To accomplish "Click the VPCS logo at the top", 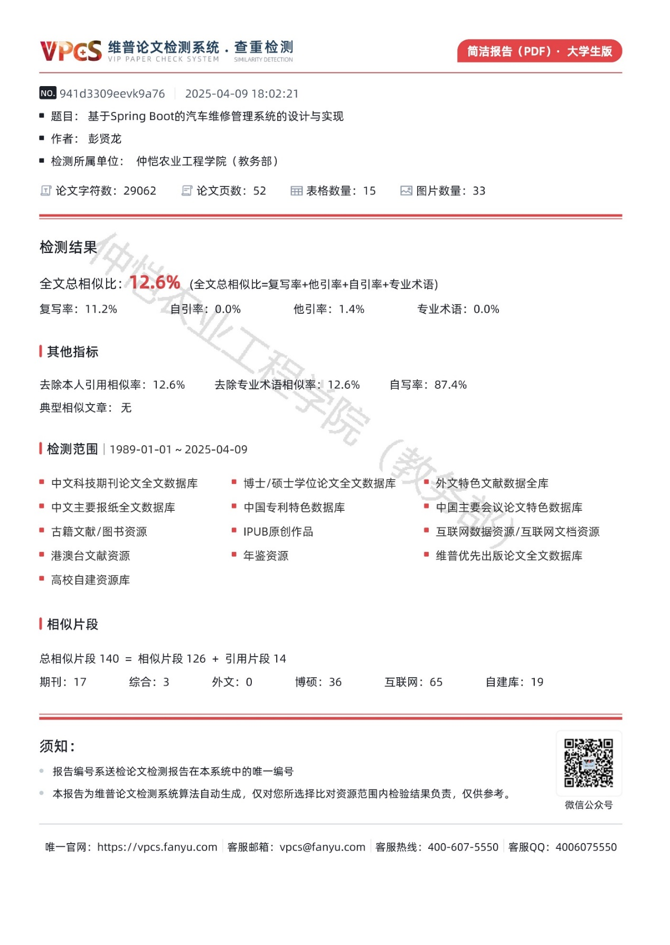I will click(71, 51).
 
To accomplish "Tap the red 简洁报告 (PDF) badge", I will click(539, 51).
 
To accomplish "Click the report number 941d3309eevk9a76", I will click(112, 94).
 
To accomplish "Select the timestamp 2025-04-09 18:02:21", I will click(242, 94).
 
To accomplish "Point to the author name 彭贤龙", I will click(105, 139).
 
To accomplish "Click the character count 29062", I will click(140, 191).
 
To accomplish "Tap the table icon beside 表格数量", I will click(296, 191).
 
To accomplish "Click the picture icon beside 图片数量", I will click(406, 191).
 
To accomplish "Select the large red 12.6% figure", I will click(155, 283).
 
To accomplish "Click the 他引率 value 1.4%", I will click(352, 310).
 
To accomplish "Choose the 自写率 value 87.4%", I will click(450, 385).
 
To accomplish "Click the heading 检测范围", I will click(72, 450).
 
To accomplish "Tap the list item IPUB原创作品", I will click(278, 532).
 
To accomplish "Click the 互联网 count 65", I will click(436, 682).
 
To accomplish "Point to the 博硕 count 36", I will click(335, 682).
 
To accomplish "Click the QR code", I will click(589, 763).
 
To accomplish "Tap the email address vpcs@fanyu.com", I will click(323, 847).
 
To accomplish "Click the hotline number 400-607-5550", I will click(463, 847).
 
